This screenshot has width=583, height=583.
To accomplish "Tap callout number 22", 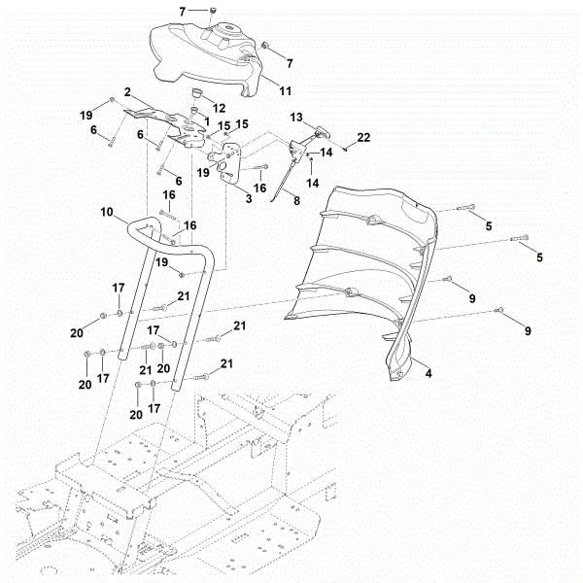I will [364, 138].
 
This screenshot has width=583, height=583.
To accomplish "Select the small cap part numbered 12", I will [198, 93].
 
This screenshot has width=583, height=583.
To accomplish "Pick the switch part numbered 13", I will [321, 129].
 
